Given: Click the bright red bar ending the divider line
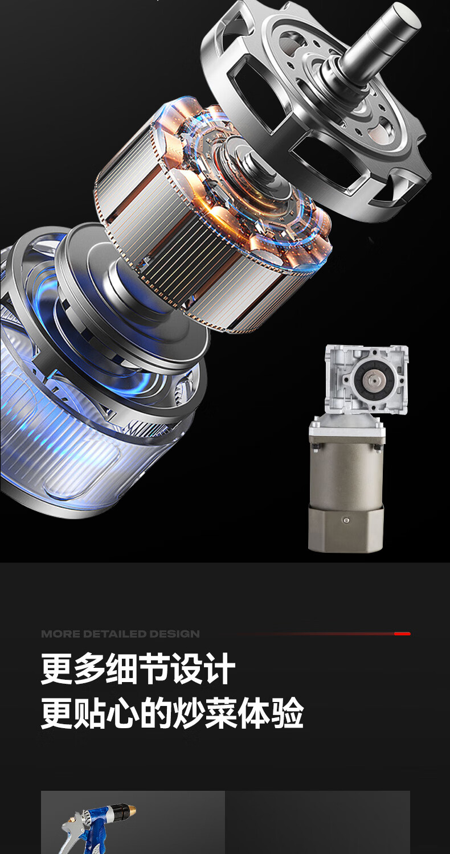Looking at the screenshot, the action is (x=402, y=634).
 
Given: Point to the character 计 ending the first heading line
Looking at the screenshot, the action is (x=220, y=669).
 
